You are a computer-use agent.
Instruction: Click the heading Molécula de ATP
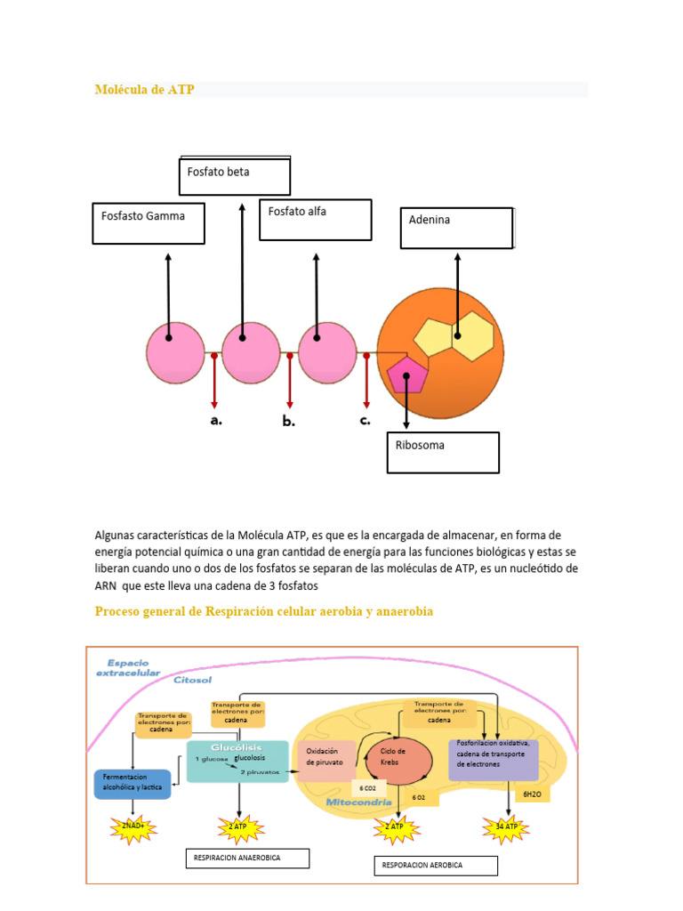(x=144, y=90)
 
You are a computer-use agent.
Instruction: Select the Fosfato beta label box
(x=235, y=176)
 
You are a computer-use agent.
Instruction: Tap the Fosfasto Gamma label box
(x=149, y=222)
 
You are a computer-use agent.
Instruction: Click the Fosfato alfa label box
(x=315, y=219)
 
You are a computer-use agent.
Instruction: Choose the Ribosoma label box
(x=442, y=452)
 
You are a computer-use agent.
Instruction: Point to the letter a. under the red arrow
(x=216, y=421)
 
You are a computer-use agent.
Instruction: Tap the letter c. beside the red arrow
(x=366, y=421)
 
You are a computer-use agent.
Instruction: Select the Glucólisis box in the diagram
(x=237, y=761)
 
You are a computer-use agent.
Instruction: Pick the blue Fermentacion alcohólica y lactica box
(x=133, y=784)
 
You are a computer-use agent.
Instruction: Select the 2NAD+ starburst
(x=133, y=827)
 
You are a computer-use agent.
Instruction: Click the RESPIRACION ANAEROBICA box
(x=246, y=859)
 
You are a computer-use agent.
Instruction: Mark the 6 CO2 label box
(x=367, y=788)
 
